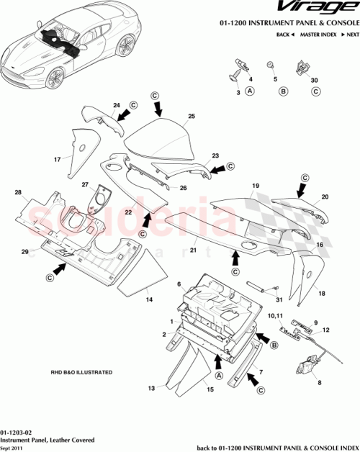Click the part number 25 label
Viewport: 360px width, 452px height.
(x=192, y=116)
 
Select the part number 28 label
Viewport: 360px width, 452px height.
(x=18, y=193)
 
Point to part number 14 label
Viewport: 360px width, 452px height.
(x=149, y=299)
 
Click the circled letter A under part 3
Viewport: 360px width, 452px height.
(x=250, y=91)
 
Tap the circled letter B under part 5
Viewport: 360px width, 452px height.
(x=283, y=91)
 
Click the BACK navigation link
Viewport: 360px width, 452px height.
(x=285, y=35)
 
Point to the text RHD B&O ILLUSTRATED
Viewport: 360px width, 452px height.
(x=81, y=373)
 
